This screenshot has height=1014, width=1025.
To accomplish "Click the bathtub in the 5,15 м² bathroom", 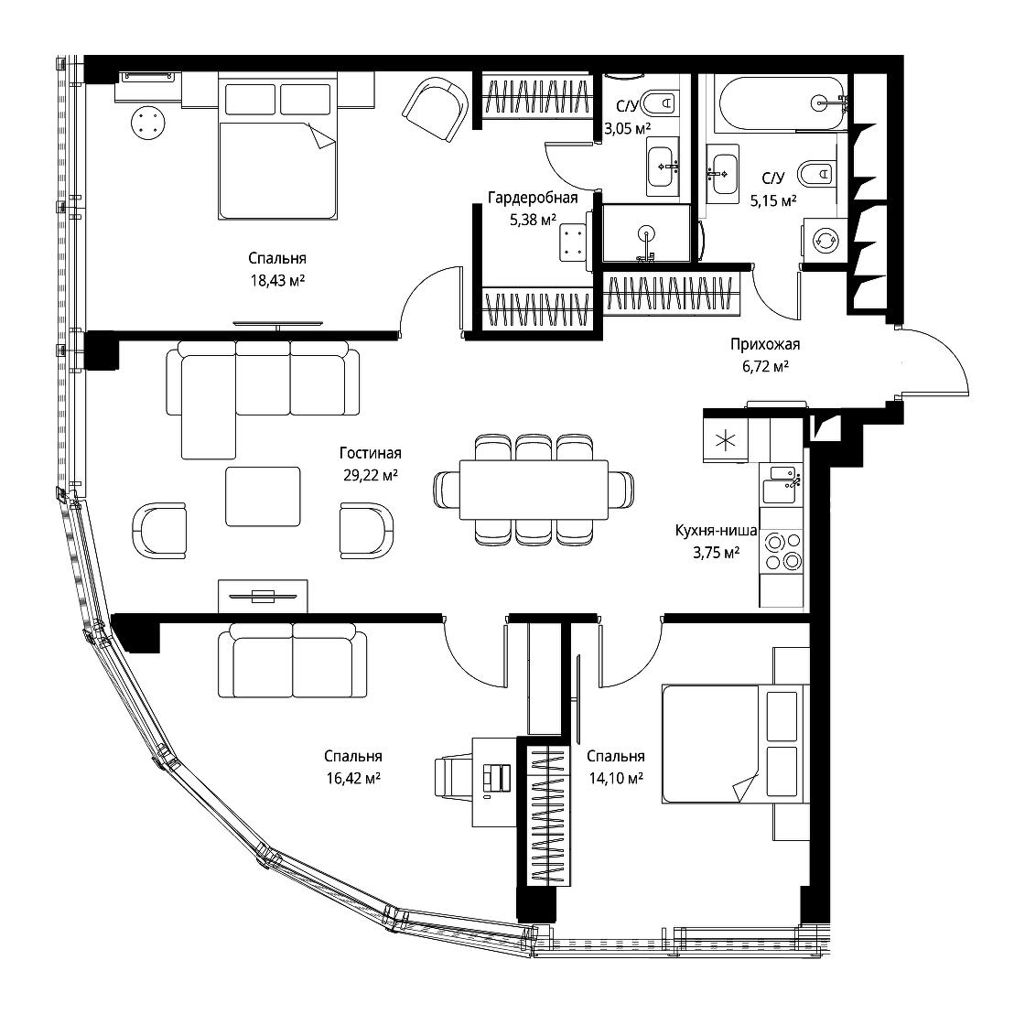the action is click(x=782, y=104).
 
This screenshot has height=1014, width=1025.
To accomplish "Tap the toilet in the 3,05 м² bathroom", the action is click(x=658, y=102).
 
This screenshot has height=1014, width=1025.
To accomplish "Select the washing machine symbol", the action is click(x=824, y=242).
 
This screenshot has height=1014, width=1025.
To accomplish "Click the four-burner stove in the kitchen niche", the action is click(x=782, y=552).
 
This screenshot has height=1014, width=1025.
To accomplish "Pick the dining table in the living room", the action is click(x=534, y=490).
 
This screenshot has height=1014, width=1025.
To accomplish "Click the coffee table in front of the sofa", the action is click(x=263, y=496).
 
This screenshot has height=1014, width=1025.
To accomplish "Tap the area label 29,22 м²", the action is click(x=371, y=475).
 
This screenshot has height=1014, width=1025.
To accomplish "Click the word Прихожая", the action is click(x=765, y=344).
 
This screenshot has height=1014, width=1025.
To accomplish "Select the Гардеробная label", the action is click(x=533, y=198).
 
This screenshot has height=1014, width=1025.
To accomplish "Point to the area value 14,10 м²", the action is click(x=615, y=778).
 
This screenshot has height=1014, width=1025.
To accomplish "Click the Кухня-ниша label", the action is click(x=716, y=531).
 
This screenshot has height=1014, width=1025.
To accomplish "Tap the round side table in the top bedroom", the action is click(x=147, y=123).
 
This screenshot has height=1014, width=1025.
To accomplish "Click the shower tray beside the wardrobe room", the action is click(x=646, y=233).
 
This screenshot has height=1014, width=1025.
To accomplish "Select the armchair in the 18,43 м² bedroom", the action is click(x=436, y=109).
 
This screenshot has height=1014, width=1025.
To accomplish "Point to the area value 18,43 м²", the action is click(x=278, y=281).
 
